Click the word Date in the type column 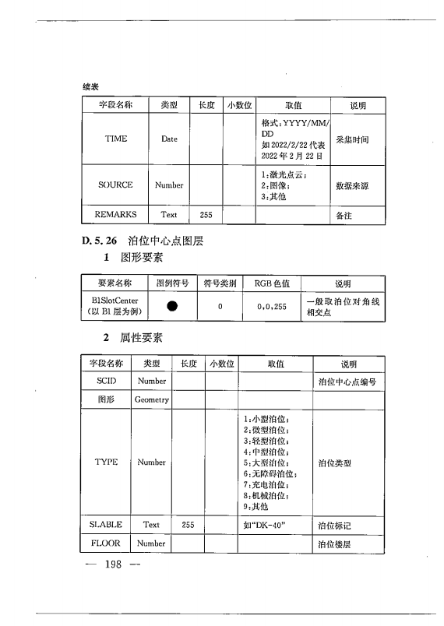169,139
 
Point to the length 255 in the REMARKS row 206,214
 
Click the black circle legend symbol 171,307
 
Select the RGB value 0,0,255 272,307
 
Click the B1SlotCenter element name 115,300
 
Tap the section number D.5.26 99,242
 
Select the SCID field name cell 107,381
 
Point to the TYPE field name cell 107,462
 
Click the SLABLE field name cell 107,525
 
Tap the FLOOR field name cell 107,543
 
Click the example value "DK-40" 265,525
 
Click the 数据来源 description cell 352,186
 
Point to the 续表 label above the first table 90,86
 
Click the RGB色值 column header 272,283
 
